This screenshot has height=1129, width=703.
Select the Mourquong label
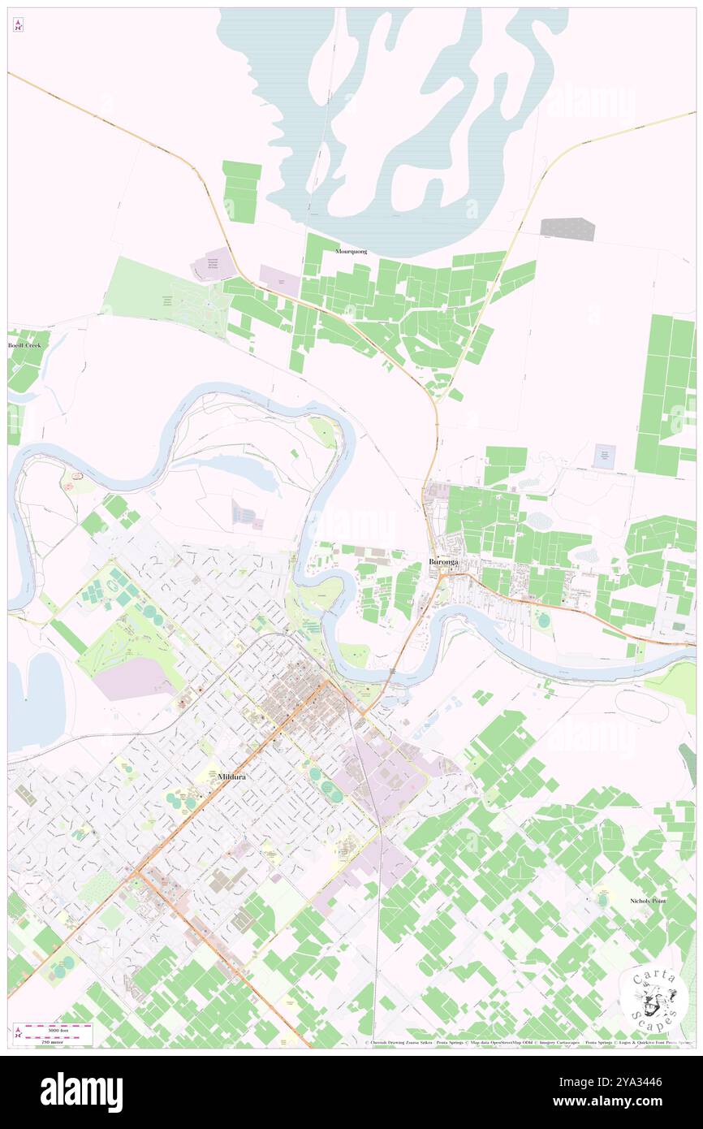coord(351,252)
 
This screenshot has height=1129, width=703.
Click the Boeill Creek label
coord(24,345)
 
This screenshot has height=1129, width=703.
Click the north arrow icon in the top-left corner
coord(18,25)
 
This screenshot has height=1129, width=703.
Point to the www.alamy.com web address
coord(625,1101)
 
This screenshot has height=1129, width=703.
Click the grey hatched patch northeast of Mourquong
coord(567,229)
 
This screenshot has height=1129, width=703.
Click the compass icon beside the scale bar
coord(19,1034)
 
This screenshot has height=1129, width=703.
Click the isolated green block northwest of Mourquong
coord(242,192)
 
